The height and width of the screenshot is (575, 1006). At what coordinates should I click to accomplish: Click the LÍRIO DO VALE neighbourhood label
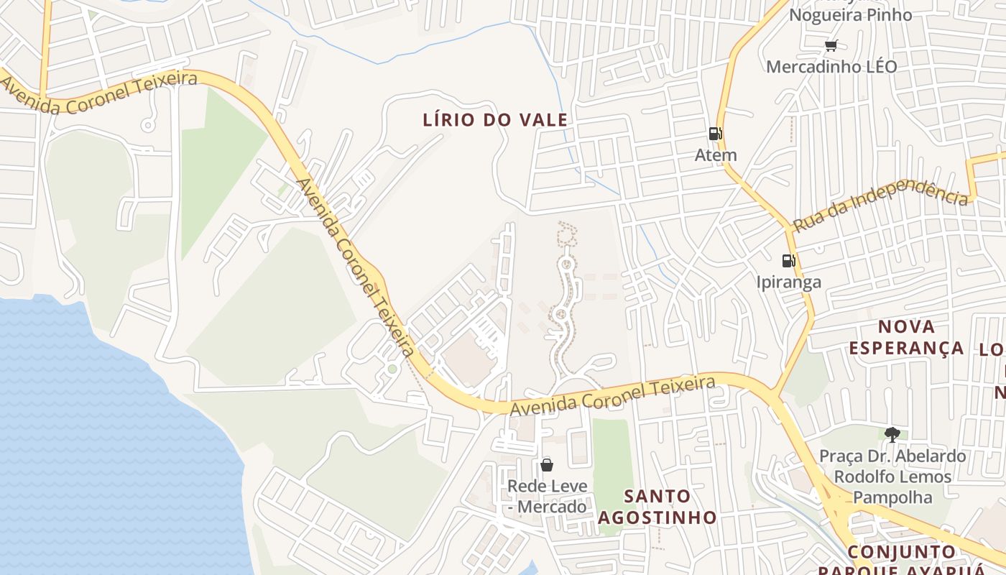(495, 120)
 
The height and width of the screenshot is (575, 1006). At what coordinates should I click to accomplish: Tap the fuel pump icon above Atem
(715, 133)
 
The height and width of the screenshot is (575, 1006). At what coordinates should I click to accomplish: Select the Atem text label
(716, 155)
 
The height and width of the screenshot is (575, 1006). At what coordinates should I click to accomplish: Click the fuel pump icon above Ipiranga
(788, 260)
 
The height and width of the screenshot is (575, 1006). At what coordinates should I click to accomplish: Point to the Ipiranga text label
(788, 282)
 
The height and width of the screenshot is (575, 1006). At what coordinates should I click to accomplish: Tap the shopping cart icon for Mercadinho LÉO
(831, 46)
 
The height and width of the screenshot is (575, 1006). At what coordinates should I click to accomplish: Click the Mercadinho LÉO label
(831, 67)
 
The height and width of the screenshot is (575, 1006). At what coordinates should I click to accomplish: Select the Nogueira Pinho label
(850, 15)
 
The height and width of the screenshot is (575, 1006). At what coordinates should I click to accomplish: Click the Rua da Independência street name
(880, 204)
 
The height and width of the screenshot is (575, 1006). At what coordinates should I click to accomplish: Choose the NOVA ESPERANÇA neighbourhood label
(906, 337)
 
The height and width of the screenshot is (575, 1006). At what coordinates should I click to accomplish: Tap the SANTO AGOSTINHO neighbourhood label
(657, 507)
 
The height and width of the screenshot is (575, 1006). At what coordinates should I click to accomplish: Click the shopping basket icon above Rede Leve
(547, 465)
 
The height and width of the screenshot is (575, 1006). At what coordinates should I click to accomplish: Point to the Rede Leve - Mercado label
(547, 497)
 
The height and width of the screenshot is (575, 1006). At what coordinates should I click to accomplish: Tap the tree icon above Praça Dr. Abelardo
(892, 434)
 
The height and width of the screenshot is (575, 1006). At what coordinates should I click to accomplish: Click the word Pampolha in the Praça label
(892, 497)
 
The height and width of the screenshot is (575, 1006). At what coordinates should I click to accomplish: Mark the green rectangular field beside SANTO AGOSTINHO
(612, 453)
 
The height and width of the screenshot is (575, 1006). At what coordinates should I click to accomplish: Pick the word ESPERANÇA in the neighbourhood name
(906, 348)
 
